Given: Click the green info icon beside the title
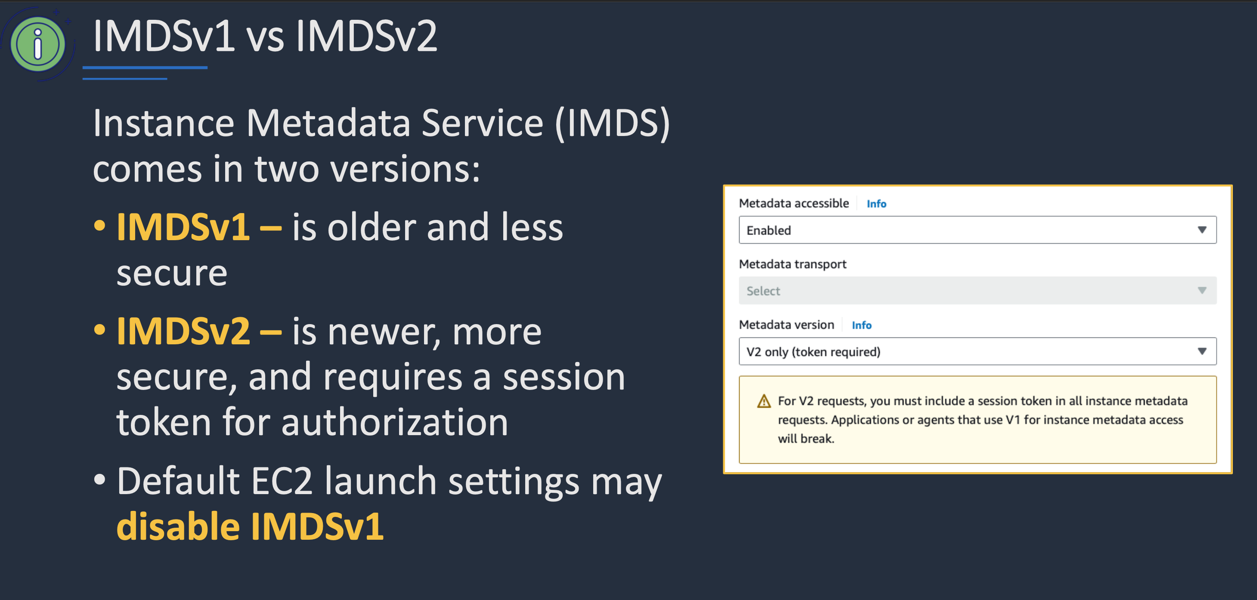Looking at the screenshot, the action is tap(37, 44).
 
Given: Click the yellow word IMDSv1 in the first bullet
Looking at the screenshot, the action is tap(183, 227).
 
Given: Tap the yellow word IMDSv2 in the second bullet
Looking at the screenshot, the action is tap(183, 331).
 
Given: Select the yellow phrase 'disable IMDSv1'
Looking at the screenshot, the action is tap(250, 526).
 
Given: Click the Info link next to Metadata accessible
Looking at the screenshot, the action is tap(876, 204).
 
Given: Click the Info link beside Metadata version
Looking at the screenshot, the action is tap(861, 325).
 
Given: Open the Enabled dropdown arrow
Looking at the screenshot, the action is tap(1202, 230).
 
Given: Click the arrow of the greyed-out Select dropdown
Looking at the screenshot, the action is tap(1202, 291).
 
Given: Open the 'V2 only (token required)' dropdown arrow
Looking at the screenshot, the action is tap(1202, 351).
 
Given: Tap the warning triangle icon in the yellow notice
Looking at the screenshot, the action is tap(764, 402).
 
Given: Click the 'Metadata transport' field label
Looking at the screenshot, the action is tap(793, 264).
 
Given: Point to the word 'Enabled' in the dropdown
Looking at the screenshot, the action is tap(768, 230).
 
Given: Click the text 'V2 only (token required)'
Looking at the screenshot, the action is tap(814, 352).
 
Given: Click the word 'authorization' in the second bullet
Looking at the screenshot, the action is tap(395, 422).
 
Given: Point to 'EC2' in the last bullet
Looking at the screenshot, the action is tap(282, 482).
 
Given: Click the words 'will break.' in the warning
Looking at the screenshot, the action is tap(806, 439).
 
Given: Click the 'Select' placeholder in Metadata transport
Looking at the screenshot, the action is tap(763, 291).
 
